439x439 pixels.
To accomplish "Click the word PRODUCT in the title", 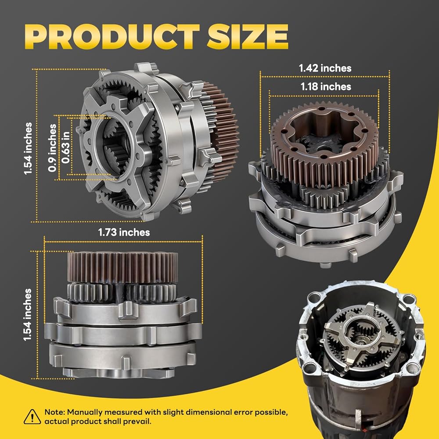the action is [x=112, y=37].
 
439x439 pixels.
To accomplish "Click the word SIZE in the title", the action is [x=248, y=37].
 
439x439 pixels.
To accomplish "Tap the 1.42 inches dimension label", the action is [x=325, y=68].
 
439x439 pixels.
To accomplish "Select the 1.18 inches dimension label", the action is [x=326, y=86].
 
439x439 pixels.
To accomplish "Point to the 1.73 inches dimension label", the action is [x=124, y=232].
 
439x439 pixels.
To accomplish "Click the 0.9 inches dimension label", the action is [x=52, y=148].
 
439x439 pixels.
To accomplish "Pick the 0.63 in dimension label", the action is [x=66, y=148].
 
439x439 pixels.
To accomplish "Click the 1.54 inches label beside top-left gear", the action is [x=28, y=148].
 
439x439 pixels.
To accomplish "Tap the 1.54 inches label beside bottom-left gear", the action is [x=27, y=315].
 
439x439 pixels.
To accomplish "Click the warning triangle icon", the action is [x=32, y=417].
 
